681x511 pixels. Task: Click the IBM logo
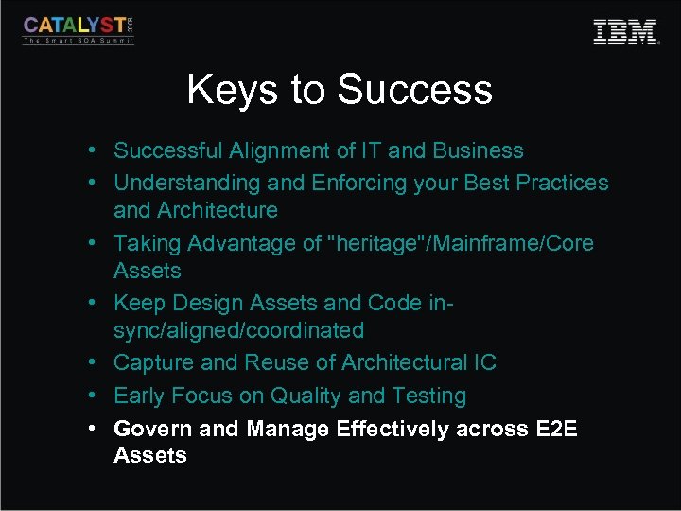(625, 32)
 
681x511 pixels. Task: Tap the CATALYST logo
(79, 29)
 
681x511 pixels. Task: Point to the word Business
(478, 150)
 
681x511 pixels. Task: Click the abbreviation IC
(482, 362)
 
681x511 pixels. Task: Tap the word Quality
(305, 396)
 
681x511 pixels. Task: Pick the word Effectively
(392, 429)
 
